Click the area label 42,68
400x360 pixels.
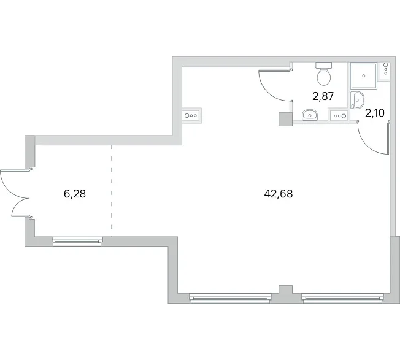coord(279,194)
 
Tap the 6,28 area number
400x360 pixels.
coord(75,194)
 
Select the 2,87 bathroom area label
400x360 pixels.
coord(323,96)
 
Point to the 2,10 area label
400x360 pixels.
coord(375,113)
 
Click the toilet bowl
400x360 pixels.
coord(324,77)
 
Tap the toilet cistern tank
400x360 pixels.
coord(323,65)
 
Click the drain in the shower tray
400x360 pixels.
coord(364,75)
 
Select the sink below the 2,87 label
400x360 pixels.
coord(309,115)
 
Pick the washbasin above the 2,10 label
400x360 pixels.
coord(357,100)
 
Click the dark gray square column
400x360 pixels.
coord(285,120)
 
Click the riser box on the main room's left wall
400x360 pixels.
coord(192,115)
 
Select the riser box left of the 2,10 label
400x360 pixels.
coord(339,115)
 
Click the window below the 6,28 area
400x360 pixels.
coord(77,241)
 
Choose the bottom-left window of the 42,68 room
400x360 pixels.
coord(230,298)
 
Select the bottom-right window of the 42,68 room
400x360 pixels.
coord(342,298)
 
